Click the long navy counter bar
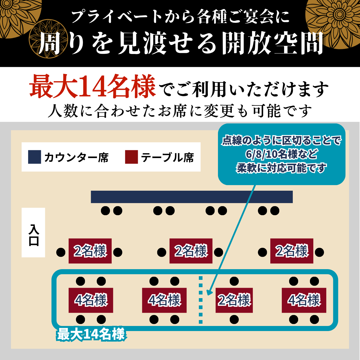pyautogui.click(x=192, y=197)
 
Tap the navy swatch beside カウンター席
pyautogui.click(x=35, y=157)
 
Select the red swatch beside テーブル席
pyautogui.click(x=132, y=157)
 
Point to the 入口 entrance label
pyautogui.click(x=33, y=233)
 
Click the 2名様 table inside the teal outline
pyautogui.click(x=234, y=300)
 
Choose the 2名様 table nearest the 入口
pyautogui.click(x=90, y=251)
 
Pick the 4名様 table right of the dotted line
pyautogui.click(x=304, y=300)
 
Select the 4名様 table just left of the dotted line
pyautogui.click(x=164, y=300)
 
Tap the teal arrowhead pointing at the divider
pyautogui.click(x=209, y=293)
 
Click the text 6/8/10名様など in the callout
pyautogui.click(x=282, y=154)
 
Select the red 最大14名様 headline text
pyautogui.click(x=93, y=86)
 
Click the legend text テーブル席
pyautogui.click(x=167, y=157)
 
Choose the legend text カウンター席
pyautogui.click(x=76, y=157)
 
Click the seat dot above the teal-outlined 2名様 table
pyautogui.click(x=234, y=281)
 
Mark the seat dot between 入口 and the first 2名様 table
pyautogui.click(x=61, y=252)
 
